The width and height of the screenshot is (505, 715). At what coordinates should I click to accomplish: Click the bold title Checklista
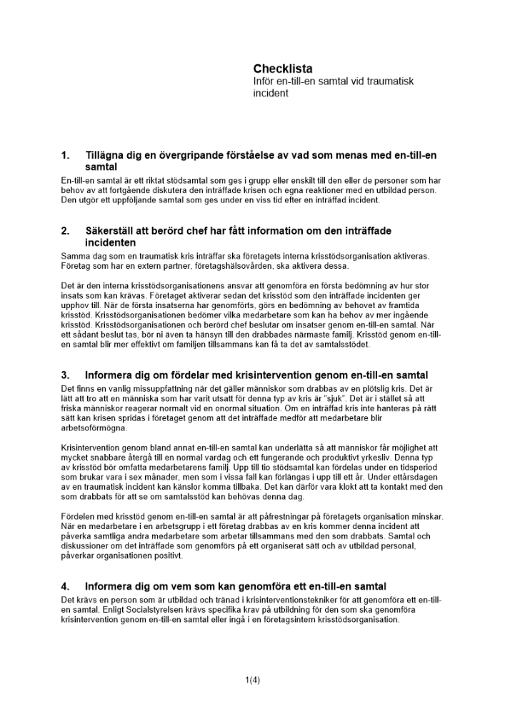(283, 69)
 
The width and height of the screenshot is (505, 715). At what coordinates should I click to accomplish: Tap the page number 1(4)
(252, 680)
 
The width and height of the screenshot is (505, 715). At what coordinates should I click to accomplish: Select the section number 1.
(66, 155)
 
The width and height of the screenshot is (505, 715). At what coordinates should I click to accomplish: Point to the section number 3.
(66, 375)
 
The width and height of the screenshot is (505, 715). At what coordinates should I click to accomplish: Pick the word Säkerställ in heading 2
(111, 231)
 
